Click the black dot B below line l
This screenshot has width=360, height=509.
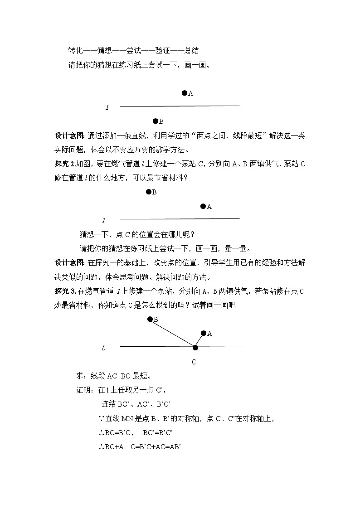[x=155, y=121]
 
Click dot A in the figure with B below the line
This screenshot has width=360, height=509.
[x=185, y=93]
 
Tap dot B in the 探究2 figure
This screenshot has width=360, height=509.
[x=148, y=192]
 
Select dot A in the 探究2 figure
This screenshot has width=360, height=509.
[x=203, y=206]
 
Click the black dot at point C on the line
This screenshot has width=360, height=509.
[x=195, y=348]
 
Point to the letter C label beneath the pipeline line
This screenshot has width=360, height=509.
[x=194, y=362]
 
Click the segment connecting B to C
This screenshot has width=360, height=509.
[x=172, y=333]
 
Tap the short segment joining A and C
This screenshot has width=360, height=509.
[x=199, y=340]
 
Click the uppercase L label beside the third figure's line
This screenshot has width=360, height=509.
[x=103, y=348]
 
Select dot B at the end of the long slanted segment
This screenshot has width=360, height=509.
[x=150, y=319]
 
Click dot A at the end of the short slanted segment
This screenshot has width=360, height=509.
[x=204, y=333]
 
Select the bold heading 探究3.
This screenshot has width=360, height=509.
[x=64, y=291]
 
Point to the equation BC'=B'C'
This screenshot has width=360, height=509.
[x=158, y=432]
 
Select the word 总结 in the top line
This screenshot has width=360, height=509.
[x=191, y=50]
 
